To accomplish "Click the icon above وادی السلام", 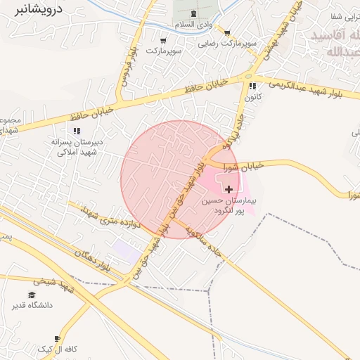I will coord(193,15).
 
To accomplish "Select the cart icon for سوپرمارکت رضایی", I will coord(227,32).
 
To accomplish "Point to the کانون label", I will coord(253,96).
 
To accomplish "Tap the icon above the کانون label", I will coord(252,86).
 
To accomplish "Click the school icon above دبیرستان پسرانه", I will coord(77,130).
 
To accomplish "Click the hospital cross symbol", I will coord(229,189).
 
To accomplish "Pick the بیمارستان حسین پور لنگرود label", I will coord(230,205).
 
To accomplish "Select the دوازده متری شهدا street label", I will coord(112,218).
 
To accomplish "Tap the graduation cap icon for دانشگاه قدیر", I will coord(31,295).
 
